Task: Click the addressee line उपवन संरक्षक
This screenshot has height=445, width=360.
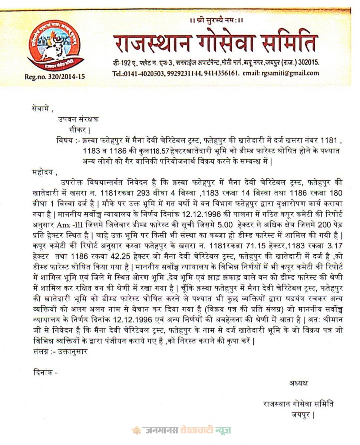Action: (78, 119)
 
